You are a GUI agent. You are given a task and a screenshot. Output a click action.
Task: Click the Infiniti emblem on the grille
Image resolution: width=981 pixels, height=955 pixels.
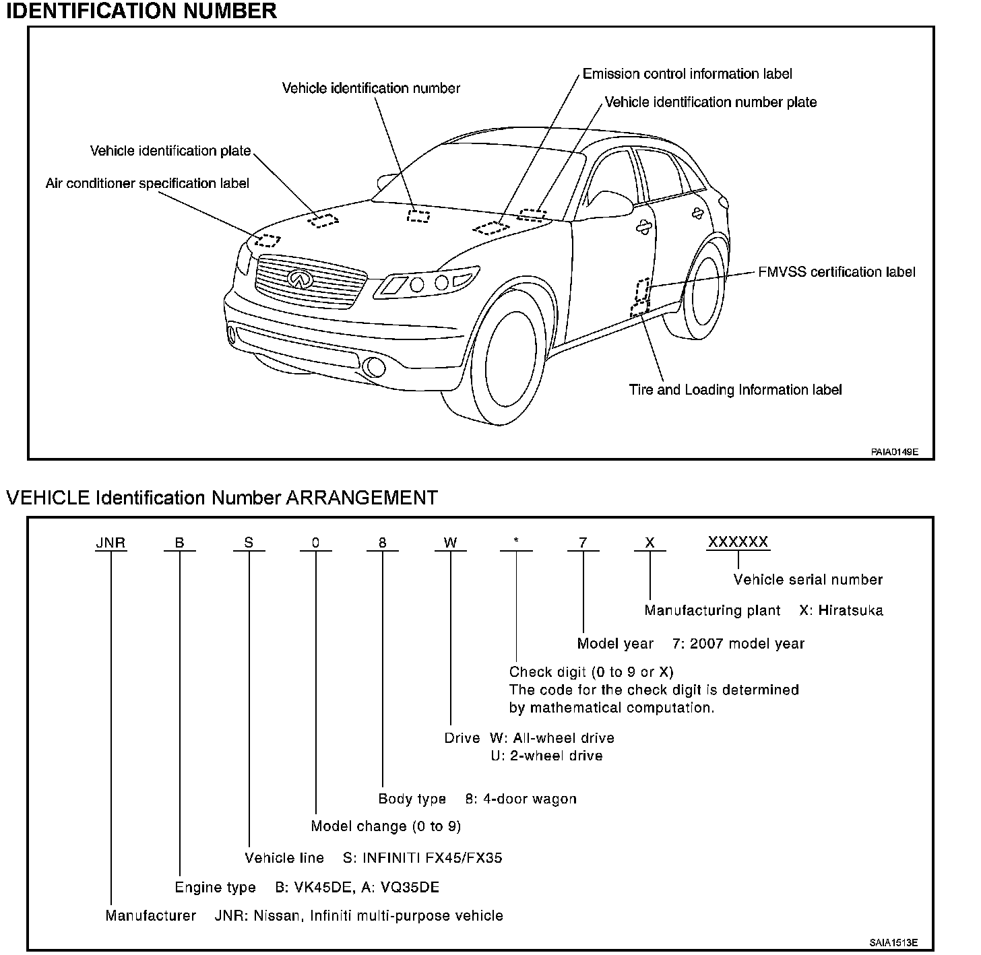click(x=298, y=278)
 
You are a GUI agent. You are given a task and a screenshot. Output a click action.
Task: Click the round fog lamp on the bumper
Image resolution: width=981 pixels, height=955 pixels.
click(x=372, y=367)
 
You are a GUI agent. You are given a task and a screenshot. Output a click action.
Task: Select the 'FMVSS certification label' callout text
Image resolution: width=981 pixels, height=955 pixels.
click(x=837, y=272)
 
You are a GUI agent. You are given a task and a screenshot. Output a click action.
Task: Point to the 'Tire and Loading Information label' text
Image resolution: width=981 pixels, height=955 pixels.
click(x=735, y=390)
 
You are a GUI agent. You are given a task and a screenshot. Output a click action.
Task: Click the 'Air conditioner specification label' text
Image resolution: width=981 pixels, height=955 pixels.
click(x=147, y=183)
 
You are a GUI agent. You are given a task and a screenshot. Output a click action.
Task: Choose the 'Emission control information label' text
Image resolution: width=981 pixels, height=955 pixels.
click(x=687, y=74)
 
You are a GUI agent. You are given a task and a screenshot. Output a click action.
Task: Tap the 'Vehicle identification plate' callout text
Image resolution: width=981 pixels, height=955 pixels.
click(x=170, y=151)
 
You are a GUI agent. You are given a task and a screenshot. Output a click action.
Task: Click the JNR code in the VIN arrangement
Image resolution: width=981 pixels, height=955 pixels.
click(x=110, y=543)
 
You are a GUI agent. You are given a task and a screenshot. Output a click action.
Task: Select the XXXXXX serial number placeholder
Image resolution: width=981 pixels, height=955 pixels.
click(x=738, y=542)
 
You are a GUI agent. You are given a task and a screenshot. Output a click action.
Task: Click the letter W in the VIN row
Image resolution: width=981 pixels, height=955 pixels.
click(x=450, y=543)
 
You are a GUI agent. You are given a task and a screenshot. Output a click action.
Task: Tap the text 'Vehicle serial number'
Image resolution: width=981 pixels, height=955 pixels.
click(x=808, y=580)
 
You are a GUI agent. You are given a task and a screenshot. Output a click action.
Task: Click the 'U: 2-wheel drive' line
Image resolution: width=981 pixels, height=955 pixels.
click(x=546, y=756)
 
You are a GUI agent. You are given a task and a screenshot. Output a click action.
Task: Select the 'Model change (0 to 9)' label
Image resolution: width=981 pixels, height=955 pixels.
click(x=386, y=826)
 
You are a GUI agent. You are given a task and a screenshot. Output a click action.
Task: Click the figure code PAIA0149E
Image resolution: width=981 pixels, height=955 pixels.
click(x=894, y=452)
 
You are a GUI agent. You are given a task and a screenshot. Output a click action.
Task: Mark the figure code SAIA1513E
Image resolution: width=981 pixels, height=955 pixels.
click(x=893, y=943)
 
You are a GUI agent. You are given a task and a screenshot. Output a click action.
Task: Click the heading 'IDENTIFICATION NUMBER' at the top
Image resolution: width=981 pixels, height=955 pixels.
click(x=141, y=11)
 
